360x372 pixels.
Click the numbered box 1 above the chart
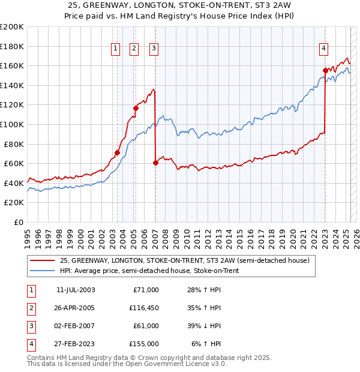point(115,49)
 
